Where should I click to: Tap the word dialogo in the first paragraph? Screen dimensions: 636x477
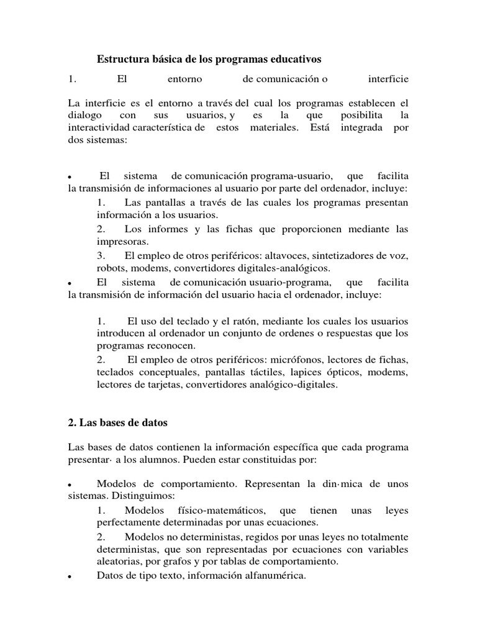point(84,116)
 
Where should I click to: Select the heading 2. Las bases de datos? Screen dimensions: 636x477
point(117,422)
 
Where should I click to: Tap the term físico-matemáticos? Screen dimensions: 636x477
point(222,510)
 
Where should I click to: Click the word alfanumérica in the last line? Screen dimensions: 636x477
point(274,576)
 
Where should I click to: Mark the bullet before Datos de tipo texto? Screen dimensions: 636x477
point(71,577)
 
